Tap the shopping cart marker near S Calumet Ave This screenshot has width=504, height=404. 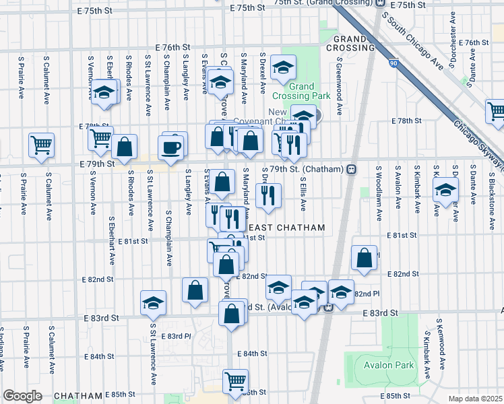point(42,145)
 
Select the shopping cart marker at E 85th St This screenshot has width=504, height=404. point(236,381)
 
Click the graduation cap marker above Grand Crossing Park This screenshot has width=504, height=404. point(284,67)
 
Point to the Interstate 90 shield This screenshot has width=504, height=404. point(393,63)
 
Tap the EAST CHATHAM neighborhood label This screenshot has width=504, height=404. point(291,228)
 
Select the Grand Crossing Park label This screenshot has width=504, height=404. point(310,91)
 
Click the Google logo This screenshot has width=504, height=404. point(22,396)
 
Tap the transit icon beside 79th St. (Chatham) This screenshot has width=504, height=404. point(351,169)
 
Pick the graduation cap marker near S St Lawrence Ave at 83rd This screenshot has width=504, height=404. point(154,302)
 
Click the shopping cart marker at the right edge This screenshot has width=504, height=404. point(497,111)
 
